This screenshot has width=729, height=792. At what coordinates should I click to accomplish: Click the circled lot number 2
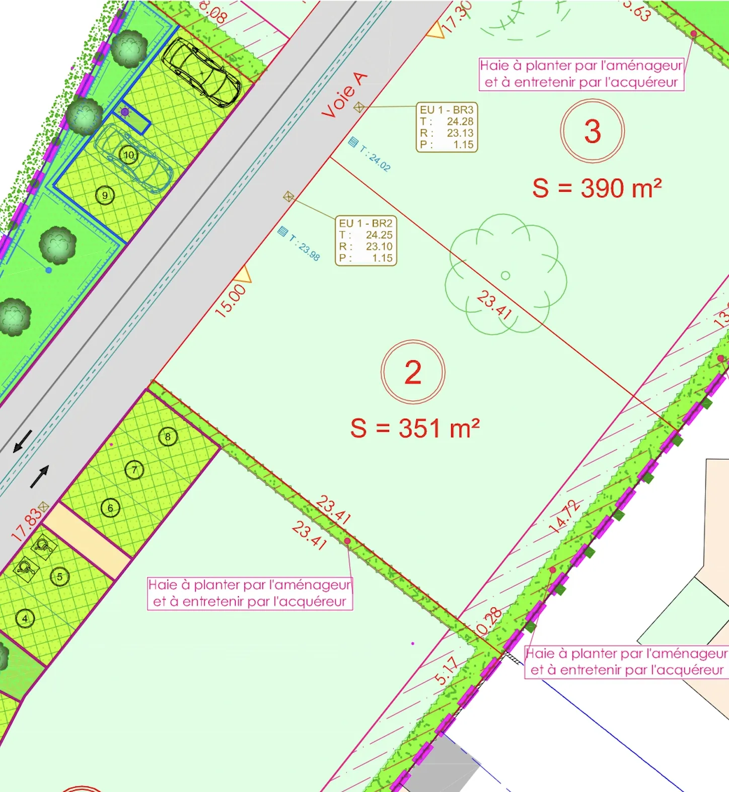(x=413, y=372)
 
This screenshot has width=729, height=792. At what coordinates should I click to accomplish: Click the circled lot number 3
(x=593, y=131)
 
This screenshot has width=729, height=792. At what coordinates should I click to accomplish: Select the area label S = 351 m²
(x=415, y=429)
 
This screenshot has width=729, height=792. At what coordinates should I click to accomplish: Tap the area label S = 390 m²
(x=597, y=188)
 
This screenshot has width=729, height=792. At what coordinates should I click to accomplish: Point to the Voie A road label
(x=345, y=96)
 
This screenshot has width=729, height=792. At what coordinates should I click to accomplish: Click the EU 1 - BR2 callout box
(x=366, y=241)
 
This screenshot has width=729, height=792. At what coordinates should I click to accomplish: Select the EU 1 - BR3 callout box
(x=447, y=127)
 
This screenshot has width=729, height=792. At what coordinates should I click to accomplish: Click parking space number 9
(x=105, y=195)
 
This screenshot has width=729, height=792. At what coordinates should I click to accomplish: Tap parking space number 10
(x=129, y=155)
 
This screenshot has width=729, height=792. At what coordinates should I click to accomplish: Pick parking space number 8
(x=168, y=437)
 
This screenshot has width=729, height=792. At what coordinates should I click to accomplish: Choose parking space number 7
(x=134, y=470)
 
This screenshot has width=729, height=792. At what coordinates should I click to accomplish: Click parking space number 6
(x=110, y=508)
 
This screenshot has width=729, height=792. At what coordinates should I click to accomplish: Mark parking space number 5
(x=59, y=577)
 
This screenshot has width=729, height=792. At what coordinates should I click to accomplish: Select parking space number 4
(x=25, y=618)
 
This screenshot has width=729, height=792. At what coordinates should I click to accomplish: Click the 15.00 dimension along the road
(x=231, y=300)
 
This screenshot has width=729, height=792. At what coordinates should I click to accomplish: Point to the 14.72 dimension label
(x=564, y=516)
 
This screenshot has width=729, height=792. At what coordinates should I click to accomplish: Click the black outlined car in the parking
(x=201, y=71)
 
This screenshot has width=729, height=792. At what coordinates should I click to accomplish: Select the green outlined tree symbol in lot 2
(x=505, y=275)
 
